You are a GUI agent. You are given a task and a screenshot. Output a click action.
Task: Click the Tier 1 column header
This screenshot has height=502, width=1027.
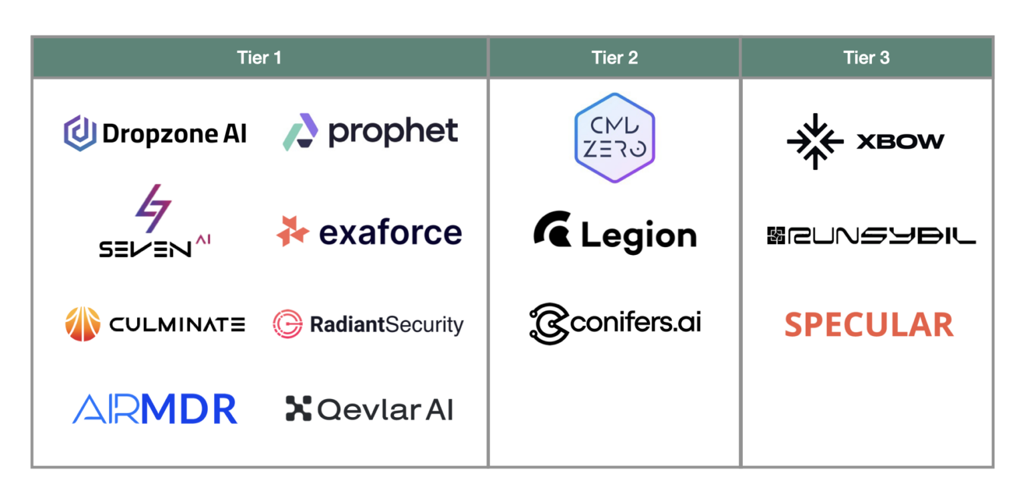(259, 58)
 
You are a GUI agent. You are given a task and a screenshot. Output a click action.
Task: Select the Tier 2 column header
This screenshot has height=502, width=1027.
(614, 58)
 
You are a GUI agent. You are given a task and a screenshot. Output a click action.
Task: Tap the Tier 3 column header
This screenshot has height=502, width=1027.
(867, 58)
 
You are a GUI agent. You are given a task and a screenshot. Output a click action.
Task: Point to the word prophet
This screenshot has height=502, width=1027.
(393, 133)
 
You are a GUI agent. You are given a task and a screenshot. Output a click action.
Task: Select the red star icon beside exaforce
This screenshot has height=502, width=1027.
(293, 232)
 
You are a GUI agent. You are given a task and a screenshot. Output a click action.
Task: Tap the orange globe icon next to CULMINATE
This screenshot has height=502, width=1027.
(83, 325)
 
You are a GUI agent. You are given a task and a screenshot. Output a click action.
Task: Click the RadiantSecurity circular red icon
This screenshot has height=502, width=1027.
(288, 324)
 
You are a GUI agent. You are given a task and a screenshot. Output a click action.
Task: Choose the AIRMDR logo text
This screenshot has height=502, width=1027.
(154, 409)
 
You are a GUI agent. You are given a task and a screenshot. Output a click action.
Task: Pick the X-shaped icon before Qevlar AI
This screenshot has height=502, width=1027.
(298, 408)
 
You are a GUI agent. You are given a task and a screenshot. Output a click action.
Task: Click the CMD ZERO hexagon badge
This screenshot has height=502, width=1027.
(614, 138)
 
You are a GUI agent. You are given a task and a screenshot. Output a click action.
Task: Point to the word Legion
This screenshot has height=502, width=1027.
(639, 236)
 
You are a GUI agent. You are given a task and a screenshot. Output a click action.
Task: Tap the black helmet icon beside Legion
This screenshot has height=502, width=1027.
(553, 229)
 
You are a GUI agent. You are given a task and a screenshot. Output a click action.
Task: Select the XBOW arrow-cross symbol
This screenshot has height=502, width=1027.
(814, 141)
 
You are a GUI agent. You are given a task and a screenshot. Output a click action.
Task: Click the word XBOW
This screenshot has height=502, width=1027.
(900, 141)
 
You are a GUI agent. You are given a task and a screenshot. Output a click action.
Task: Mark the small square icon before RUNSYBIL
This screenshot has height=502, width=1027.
(775, 236)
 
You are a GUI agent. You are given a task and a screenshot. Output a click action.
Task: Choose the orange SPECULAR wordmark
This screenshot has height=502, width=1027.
(869, 325)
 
